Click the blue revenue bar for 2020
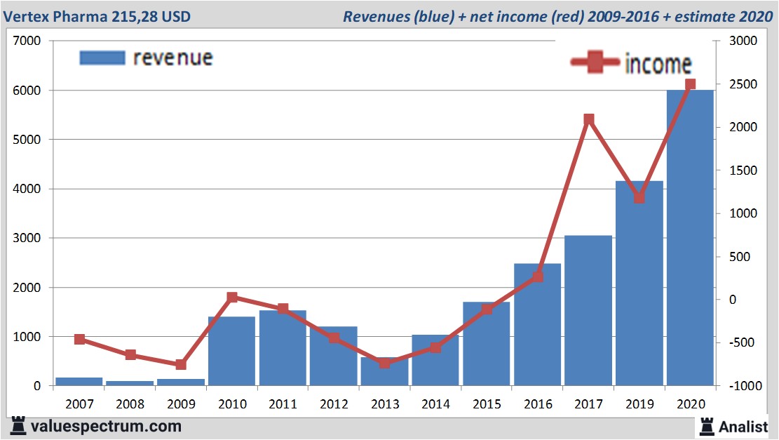[690, 239]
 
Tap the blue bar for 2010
[231, 351]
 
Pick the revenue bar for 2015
[486, 344]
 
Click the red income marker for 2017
[589, 119]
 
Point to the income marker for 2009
[181, 364]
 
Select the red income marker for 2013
[384, 363]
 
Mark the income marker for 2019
[639, 198]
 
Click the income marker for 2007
[79, 339]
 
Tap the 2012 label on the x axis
[334, 404]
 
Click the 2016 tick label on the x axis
[537, 404]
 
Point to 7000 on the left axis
[27, 41]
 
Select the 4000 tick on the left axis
[27, 189]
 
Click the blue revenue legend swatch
[102, 58]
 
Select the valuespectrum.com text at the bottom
[104, 426]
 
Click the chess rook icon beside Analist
[707, 426]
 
